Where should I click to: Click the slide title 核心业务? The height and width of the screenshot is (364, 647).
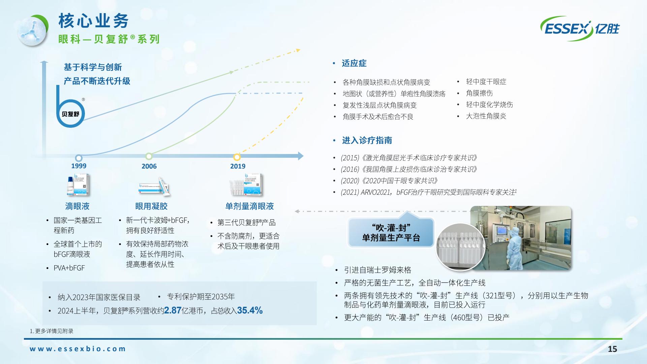[94, 21]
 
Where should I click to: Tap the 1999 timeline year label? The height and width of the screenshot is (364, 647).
[79, 166]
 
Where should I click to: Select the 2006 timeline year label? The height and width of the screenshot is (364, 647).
[149, 166]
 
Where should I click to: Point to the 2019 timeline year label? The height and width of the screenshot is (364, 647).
[238, 166]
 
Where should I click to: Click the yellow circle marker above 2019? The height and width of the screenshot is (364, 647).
[237, 157]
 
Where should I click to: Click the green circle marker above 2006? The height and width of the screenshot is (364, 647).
[149, 156]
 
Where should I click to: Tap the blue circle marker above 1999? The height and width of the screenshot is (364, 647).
[79, 158]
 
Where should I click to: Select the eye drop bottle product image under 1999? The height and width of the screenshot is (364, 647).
[78, 185]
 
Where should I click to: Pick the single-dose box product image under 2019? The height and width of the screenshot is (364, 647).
[246, 185]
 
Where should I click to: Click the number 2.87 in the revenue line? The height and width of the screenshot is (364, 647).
[173, 310]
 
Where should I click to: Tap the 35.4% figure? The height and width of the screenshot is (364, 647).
[250, 310]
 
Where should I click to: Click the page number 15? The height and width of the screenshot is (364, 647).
[612, 349]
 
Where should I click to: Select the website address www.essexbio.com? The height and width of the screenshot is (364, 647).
[78, 349]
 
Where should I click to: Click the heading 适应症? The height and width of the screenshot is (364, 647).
[354, 63]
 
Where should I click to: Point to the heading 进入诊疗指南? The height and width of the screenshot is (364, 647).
[367, 140]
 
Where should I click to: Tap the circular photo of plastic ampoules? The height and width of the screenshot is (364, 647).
[460, 247]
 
